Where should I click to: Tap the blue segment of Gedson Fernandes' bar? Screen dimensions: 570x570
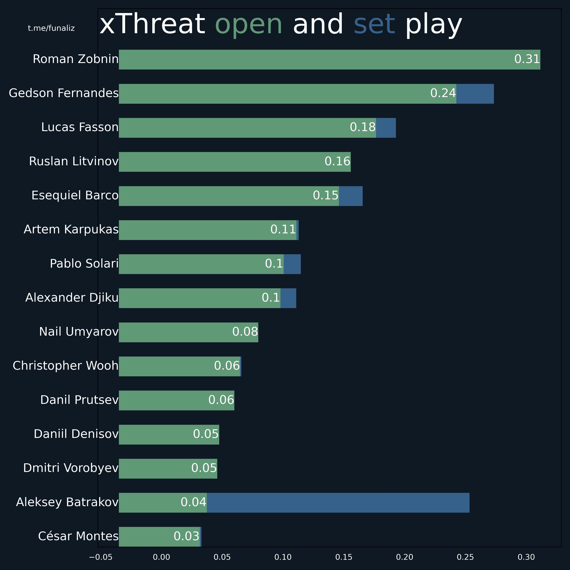click(x=475, y=94)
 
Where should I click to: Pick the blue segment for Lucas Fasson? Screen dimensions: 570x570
click(x=386, y=128)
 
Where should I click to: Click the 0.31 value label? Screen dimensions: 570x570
click(x=527, y=59)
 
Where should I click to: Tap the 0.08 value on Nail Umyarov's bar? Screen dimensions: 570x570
click(x=245, y=332)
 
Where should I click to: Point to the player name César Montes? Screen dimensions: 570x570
click(x=78, y=536)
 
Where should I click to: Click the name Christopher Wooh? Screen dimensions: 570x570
click(x=65, y=366)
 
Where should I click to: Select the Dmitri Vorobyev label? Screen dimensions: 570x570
click(x=71, y=468)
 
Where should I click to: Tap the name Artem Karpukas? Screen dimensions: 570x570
click(x=71, y=229)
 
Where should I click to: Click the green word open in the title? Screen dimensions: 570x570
click(x=249, y=24)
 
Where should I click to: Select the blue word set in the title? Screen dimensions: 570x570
click(x=374, y=24)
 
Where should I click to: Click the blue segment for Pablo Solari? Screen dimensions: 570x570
click(x=292, y=264)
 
